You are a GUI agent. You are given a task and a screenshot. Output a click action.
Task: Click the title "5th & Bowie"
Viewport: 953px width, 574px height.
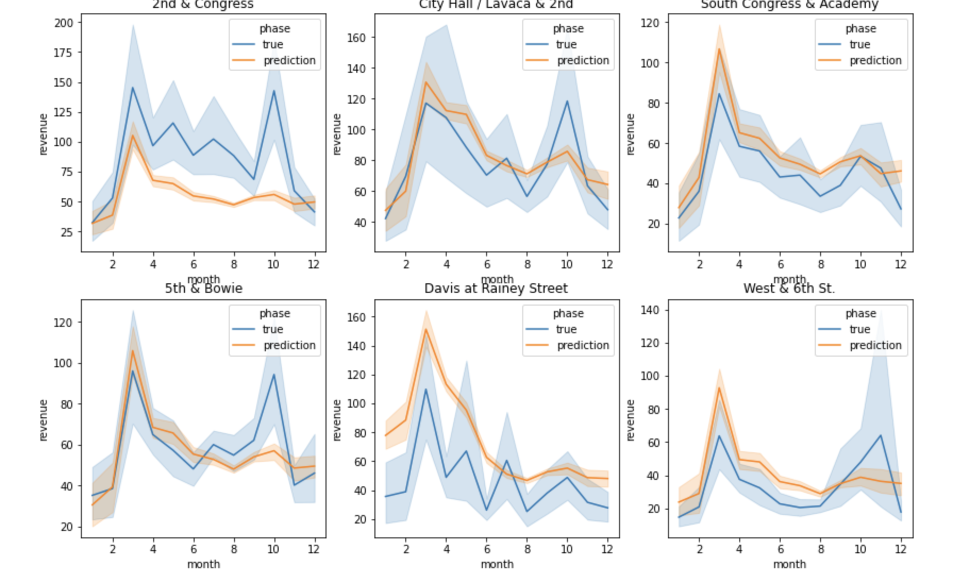[203, 289]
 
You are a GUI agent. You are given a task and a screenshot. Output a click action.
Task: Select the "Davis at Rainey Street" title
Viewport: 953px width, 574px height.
[496, 289]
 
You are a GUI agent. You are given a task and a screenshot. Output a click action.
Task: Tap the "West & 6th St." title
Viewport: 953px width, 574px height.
[789, 289]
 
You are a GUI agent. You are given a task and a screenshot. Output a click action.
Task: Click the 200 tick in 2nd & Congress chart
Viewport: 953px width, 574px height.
[64, 23]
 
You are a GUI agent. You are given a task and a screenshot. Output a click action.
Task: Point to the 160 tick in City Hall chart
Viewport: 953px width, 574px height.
[356, 38]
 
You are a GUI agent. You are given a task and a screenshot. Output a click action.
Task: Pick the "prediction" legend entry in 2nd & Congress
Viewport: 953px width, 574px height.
[289, 61]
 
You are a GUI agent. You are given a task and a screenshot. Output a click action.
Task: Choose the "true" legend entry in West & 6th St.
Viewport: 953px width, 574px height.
[859, 330]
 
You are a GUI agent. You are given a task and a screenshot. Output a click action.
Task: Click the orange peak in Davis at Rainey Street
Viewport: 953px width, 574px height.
[426, 330]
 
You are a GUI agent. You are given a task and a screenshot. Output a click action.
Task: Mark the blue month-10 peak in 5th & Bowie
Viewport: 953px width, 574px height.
[274, 375]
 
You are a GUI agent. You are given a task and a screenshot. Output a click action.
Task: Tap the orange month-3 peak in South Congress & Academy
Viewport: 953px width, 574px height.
[720, 49]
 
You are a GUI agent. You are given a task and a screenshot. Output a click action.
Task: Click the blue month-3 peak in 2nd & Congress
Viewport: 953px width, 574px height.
[133, 88]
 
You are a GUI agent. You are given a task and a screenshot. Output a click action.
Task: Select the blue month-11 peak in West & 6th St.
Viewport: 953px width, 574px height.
[881, 436]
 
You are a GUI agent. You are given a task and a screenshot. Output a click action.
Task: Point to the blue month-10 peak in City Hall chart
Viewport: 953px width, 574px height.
[567, 102]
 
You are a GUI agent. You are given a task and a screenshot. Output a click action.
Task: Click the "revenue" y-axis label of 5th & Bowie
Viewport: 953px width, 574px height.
[44, 420]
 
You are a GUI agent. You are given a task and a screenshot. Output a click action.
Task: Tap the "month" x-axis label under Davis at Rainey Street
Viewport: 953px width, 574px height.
[497, 564]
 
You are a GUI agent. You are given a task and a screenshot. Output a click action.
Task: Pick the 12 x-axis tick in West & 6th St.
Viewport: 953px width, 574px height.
[900, 549]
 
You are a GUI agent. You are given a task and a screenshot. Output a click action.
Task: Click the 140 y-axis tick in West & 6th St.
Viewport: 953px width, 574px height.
[650, 310]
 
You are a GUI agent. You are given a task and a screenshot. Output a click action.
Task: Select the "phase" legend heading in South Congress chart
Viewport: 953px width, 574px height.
[860, 29]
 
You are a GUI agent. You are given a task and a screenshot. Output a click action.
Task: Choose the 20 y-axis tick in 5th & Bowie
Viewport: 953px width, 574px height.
[67, 527]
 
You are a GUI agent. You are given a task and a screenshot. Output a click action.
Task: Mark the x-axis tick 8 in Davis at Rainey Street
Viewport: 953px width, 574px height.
[527, 549]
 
